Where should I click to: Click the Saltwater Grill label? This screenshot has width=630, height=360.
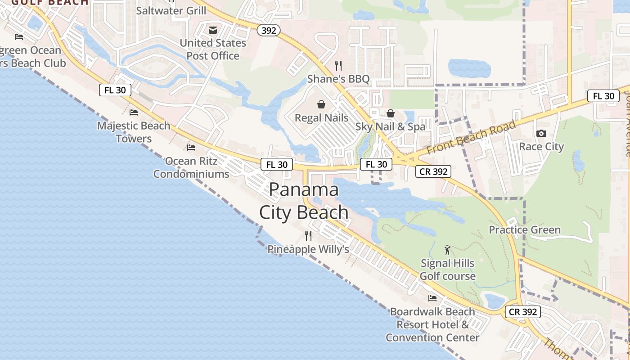(x=171, y=10)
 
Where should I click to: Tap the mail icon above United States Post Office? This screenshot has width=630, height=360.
(x=213, y=30)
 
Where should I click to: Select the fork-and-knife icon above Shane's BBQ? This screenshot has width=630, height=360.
(x=338, y=66)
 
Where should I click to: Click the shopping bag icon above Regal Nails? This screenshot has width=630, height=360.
(x=322, y=105)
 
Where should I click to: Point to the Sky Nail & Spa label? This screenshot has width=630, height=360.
(x=390, y=126)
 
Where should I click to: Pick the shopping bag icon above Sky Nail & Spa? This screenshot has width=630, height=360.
(x=391, y=113)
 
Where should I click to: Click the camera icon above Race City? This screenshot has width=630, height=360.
(x=541, y=133)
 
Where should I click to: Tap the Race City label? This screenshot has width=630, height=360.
(x=541, y=146)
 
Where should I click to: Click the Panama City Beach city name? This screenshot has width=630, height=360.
(x=304, y=201)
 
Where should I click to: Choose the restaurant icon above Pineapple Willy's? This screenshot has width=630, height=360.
(x=308, y=235)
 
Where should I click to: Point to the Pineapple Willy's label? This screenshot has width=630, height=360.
(x=308, y=249)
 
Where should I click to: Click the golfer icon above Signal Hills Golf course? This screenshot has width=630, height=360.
(x=447, y=250)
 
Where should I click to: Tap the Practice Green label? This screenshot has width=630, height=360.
(x=525, y=230)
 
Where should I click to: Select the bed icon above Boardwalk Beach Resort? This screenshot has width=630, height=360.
(x=432, y=298)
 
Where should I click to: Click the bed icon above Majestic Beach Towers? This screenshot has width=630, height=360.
(x=134, y=112)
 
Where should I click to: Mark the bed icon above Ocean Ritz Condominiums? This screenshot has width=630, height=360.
(x=191, y=148)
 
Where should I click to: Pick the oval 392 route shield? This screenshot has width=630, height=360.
(x=269, y=30)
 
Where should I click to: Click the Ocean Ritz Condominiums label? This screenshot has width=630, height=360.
(x=191, y=167)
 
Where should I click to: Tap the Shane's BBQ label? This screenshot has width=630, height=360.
(x=338, y=79)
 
